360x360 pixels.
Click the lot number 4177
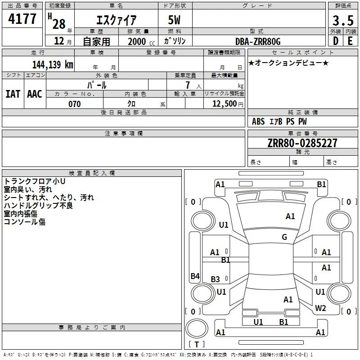(22, 19)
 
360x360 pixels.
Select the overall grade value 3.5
(343, 20)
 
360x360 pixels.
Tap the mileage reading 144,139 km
(53, 64)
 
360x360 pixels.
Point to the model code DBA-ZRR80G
(258, 41)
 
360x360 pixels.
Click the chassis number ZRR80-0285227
(302, 143)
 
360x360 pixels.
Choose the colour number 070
(75, 104)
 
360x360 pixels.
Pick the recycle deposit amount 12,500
(225, 104)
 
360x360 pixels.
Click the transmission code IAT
(13, 94)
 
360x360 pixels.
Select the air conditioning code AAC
(35, 94)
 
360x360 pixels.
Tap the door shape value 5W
(174, 20)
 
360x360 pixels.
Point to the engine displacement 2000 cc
(141, 41)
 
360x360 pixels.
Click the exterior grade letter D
(336, 41)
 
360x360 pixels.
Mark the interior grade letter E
(350, 41)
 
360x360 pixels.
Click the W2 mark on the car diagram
(320, 308)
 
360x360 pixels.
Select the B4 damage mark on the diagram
(195, 276)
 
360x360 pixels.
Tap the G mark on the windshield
(284, 237)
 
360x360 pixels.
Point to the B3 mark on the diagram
(216, 279)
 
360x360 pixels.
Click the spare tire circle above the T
(197, 329)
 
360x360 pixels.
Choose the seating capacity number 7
(188, 85)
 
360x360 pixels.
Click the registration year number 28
(59, 24)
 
